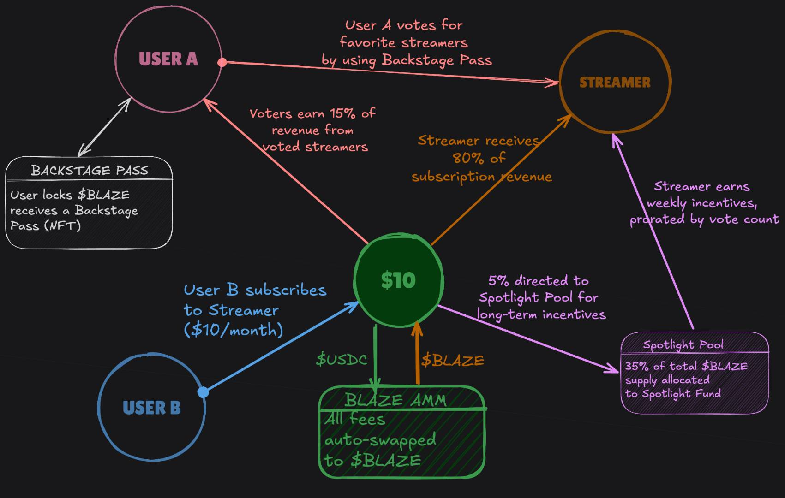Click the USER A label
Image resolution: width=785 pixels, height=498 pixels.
click(168, 59)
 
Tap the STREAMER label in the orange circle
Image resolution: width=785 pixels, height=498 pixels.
click(615, 83)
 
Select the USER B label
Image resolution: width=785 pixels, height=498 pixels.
click(151, 408)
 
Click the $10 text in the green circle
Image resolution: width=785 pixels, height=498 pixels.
click(398, 280)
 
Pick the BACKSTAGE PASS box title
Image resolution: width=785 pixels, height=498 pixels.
click(90, 171)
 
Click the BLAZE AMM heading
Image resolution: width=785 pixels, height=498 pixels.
click(395, 400)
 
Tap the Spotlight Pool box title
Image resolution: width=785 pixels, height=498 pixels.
click(683, 345)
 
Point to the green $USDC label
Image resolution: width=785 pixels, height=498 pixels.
click(341, 360)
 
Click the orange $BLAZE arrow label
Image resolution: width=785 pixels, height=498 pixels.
click(452, 360)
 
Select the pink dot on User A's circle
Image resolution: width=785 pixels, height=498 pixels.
click(222, 62)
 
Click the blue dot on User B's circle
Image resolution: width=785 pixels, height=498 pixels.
click(203, 392)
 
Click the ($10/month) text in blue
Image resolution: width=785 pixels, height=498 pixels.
click(233, 330)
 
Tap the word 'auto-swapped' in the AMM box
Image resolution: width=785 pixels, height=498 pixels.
click(380, 440)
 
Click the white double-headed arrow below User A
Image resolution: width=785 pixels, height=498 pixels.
click(104, 127)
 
